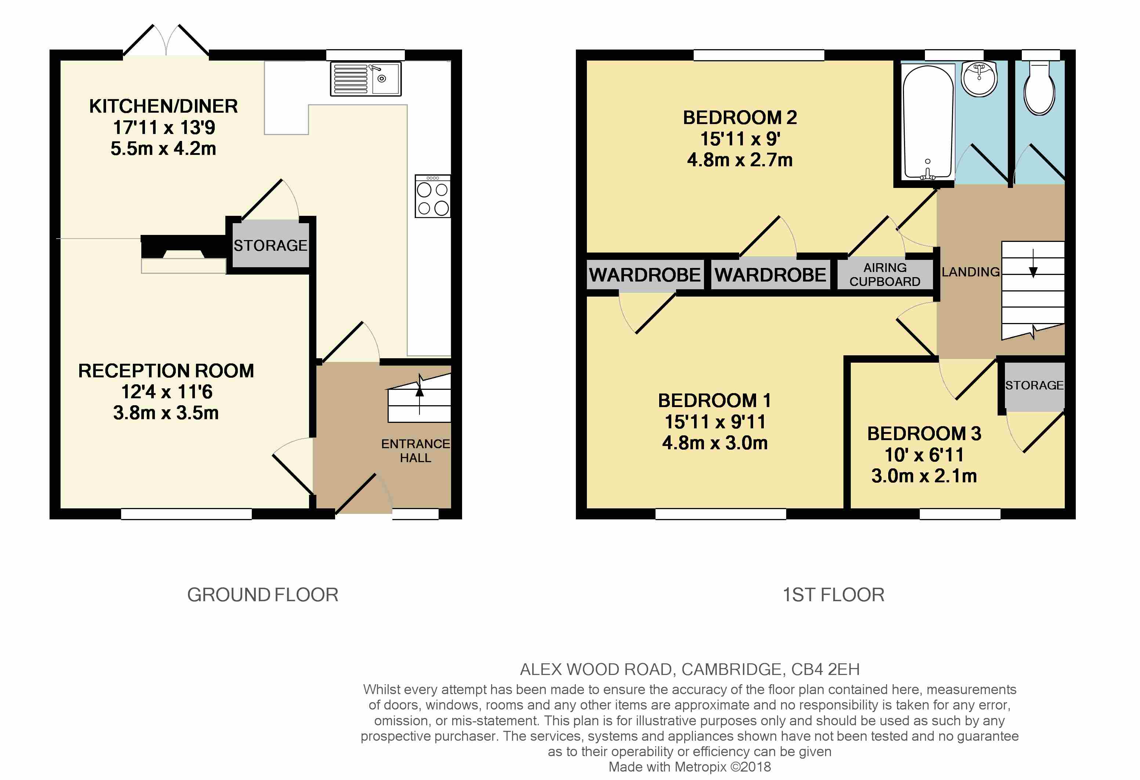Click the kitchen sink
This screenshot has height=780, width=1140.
point(366,79)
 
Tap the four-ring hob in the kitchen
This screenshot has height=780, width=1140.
point(433,196)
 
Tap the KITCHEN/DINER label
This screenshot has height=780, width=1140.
point(163,106)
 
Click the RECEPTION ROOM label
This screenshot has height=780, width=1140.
point(166,371)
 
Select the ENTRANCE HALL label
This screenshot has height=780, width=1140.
point(415,450)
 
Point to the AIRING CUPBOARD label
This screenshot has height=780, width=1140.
point(885,275)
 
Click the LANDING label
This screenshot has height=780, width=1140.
point(971,272)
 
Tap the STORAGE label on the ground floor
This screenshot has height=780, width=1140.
point(270,245)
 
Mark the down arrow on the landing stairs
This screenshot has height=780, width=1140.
point(1033,264)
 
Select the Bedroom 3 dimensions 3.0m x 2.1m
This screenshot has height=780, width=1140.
point(924,476)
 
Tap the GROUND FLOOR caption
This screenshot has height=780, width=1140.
point(263,595)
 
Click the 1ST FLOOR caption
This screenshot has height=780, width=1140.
point(834,595)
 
